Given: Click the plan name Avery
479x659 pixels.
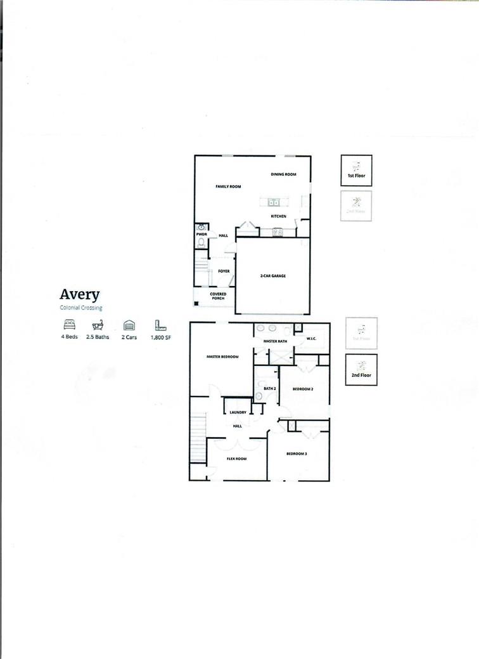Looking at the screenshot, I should tap(80, 295).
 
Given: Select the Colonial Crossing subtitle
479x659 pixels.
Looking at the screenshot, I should tap(81, 308).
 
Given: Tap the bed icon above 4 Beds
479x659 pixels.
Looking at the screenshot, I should tap(70, 325).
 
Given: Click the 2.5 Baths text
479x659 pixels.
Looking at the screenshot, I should tap(98, 337).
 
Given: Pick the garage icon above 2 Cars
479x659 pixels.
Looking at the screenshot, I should tap(129, 325).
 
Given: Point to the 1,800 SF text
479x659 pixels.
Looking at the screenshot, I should tap(160, 337).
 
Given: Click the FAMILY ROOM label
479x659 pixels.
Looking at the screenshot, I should tap(228, 186).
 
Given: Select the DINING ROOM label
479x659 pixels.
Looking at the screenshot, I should tap(283, 174).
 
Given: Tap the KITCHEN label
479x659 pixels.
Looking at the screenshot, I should tap(279, 216).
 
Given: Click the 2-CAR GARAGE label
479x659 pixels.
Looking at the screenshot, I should tap(272, 277).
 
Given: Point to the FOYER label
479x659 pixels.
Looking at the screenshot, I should tap(224, 271).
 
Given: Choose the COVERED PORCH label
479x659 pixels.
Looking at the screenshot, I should tap(218, 296).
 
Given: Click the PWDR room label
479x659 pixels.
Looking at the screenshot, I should tap(201, 234).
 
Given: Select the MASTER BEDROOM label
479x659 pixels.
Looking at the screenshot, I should tap(222, 357).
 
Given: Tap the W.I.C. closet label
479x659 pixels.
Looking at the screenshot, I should tap(311, 339).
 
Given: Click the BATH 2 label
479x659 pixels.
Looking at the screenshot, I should tap(269, 388).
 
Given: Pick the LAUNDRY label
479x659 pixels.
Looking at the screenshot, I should tap(238, 413).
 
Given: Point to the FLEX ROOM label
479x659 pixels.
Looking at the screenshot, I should tap(236, 459).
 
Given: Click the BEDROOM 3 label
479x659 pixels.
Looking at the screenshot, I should tap(297, 453).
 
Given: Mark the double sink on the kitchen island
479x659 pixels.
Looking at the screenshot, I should tap(273, 203).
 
